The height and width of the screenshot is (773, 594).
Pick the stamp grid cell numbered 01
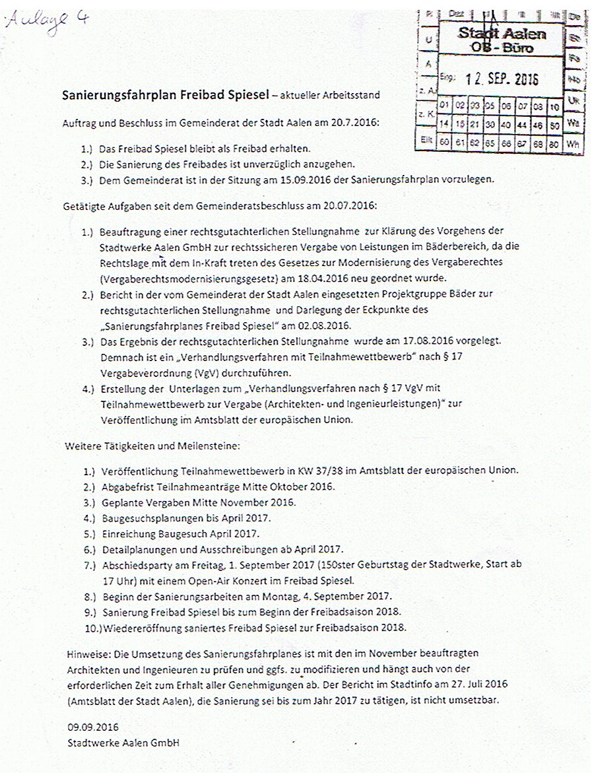tap(444, 105)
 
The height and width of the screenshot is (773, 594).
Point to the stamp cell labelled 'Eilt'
tap(425, 140)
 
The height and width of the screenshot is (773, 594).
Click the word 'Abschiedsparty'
tap(134, 566)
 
